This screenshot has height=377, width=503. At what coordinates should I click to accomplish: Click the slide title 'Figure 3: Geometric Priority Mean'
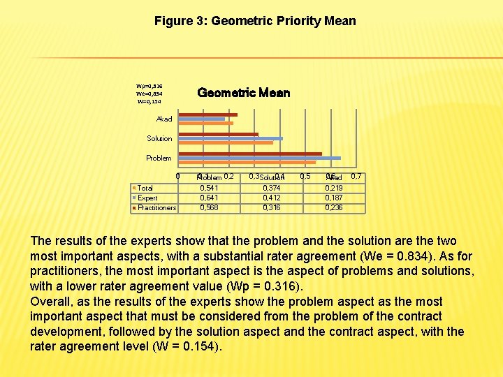pos(255,21)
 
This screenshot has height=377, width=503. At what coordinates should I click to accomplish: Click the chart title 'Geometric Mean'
pos(243,93)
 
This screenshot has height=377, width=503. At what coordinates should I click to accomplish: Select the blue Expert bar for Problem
pos(259,158)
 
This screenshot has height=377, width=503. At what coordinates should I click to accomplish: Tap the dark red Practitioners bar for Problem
pos(250,153)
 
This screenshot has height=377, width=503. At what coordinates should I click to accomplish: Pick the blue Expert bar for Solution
pos(231,138)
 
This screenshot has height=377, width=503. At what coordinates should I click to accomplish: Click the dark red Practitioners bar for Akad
pos(208,114)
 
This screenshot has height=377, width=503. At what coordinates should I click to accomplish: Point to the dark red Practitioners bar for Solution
pos(219,134)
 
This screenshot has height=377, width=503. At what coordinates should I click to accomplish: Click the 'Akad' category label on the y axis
pos(163,119)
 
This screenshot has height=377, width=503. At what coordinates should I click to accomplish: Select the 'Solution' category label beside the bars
pos(159,139)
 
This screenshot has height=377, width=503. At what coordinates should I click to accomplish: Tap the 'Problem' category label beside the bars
pos(159,158)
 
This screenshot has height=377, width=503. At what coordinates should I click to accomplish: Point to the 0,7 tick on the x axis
pos(356,176)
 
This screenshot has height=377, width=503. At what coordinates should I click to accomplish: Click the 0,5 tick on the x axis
pos(305,176)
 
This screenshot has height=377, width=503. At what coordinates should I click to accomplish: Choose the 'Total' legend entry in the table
pos(145,188)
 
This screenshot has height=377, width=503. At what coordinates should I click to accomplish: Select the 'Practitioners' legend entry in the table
pos(156,207)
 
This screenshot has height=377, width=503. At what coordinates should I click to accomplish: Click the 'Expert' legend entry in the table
pos(147,198)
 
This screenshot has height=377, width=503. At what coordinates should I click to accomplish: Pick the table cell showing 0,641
pos(209,198)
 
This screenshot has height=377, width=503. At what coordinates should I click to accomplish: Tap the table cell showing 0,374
pos(272,188)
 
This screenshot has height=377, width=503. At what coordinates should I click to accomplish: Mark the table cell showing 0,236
pos(334,207)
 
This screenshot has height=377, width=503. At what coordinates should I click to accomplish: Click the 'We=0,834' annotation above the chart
pos(150,94)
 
